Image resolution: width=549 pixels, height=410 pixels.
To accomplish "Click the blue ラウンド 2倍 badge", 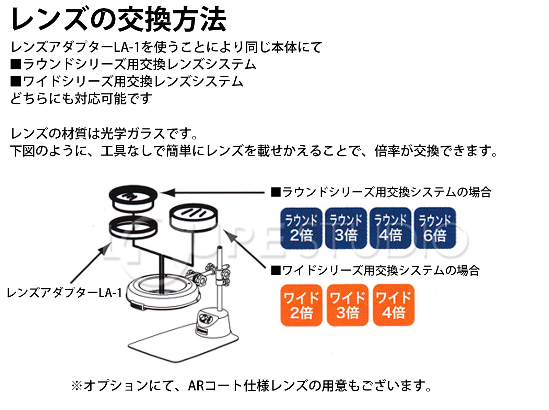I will pos(301,228).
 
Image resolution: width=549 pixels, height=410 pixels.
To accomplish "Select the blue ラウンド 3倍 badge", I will pos(346,228).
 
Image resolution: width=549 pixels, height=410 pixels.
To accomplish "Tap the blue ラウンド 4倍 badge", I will pos(390,228).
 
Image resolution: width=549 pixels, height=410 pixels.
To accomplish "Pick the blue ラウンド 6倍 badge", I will pos(435,228).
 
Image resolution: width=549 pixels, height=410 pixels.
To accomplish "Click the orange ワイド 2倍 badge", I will pos(301,305).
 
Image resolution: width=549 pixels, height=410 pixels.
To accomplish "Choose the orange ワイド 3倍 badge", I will pos(347,305).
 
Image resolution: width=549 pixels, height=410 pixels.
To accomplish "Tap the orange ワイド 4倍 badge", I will pos(394,305).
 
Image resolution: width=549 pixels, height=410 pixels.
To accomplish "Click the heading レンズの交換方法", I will pos(119,19).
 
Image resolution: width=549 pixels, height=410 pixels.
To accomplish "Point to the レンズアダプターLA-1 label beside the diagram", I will pos(65,293).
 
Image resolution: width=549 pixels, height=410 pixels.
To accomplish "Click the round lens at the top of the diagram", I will pos(133,198).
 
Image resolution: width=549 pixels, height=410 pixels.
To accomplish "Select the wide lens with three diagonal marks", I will pos(194,216).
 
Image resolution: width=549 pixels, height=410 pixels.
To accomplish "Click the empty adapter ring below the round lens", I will pos(133,227).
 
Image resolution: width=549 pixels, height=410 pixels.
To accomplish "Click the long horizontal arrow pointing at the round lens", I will pos(213,193).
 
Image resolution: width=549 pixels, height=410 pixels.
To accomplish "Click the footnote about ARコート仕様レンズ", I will pos(252,386).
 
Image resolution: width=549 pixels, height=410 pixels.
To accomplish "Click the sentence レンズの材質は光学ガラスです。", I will pos(104,134).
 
